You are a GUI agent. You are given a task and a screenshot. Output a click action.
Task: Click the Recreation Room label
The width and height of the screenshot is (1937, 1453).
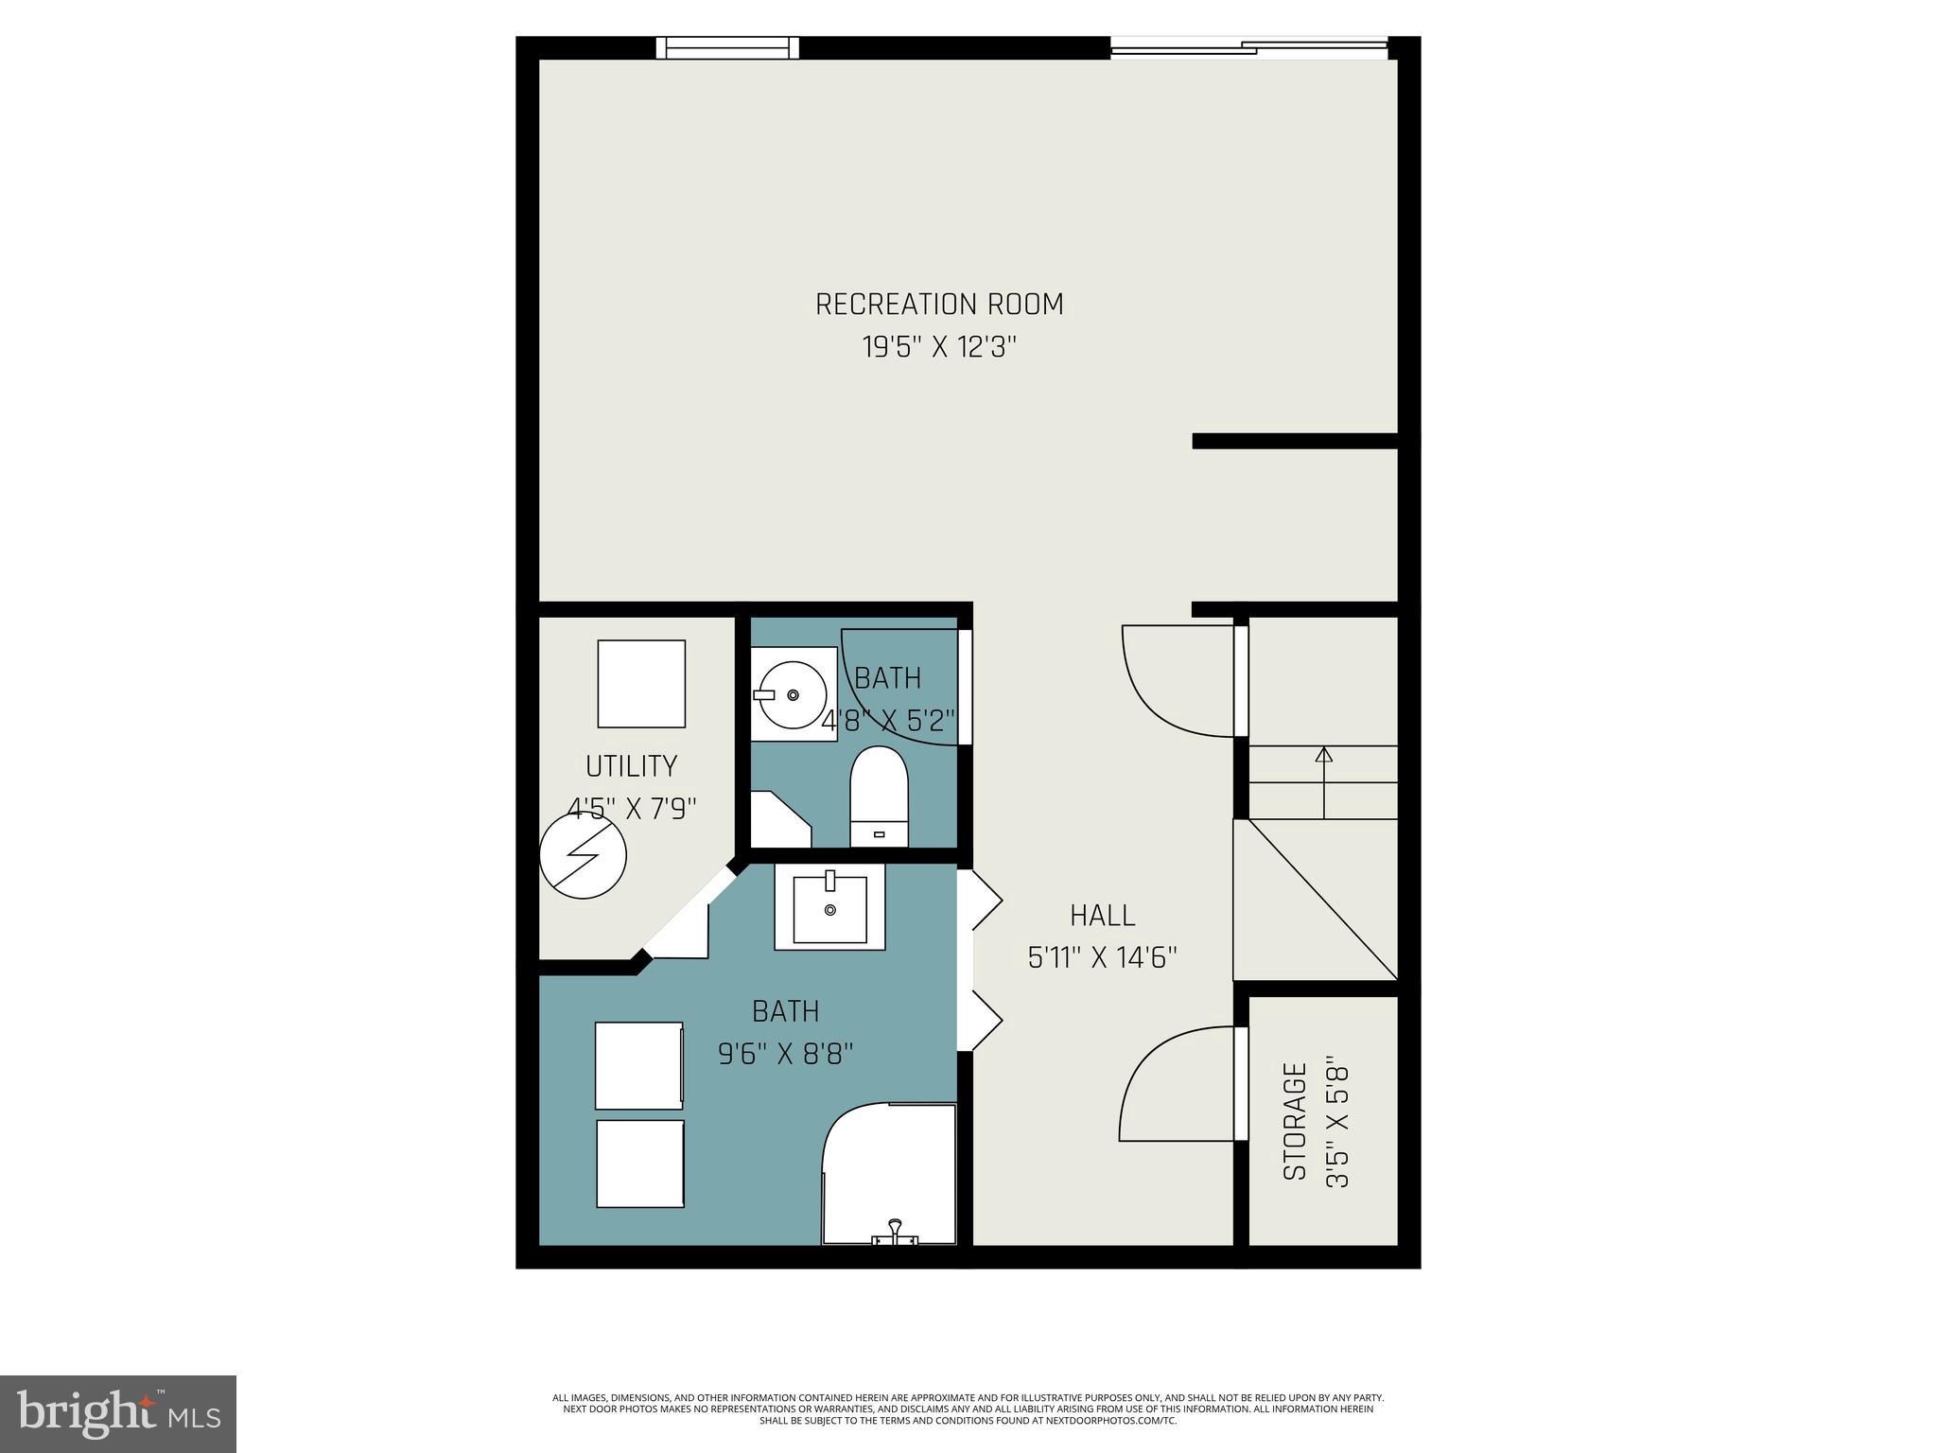[939, 305]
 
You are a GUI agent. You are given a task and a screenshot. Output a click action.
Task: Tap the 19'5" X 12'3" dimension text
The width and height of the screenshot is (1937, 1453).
[939, 348]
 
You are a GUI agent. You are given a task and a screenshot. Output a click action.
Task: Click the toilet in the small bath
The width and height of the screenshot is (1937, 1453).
[879, 797]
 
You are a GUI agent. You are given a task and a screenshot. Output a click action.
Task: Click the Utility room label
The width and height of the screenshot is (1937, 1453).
[631, 766]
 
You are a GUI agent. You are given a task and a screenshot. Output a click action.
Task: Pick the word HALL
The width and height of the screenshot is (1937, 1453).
[1103, 916]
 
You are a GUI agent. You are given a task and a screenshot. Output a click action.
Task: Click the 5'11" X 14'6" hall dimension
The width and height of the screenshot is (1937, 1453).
[1103, 958]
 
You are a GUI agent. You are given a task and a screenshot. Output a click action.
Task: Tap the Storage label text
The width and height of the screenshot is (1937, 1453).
[1295, 1122]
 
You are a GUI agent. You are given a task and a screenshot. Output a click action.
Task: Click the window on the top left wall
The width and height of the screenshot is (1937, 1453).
[727, 47]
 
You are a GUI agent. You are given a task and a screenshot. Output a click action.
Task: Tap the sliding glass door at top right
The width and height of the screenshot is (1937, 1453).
[1248, 47]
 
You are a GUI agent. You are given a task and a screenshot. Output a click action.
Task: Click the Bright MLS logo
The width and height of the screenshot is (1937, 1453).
[118, 1414]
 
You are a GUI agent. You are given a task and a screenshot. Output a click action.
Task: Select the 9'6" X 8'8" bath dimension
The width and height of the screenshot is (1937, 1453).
[786, 1054]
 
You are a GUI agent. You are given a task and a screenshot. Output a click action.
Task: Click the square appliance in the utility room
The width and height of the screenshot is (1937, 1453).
[641, 684]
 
